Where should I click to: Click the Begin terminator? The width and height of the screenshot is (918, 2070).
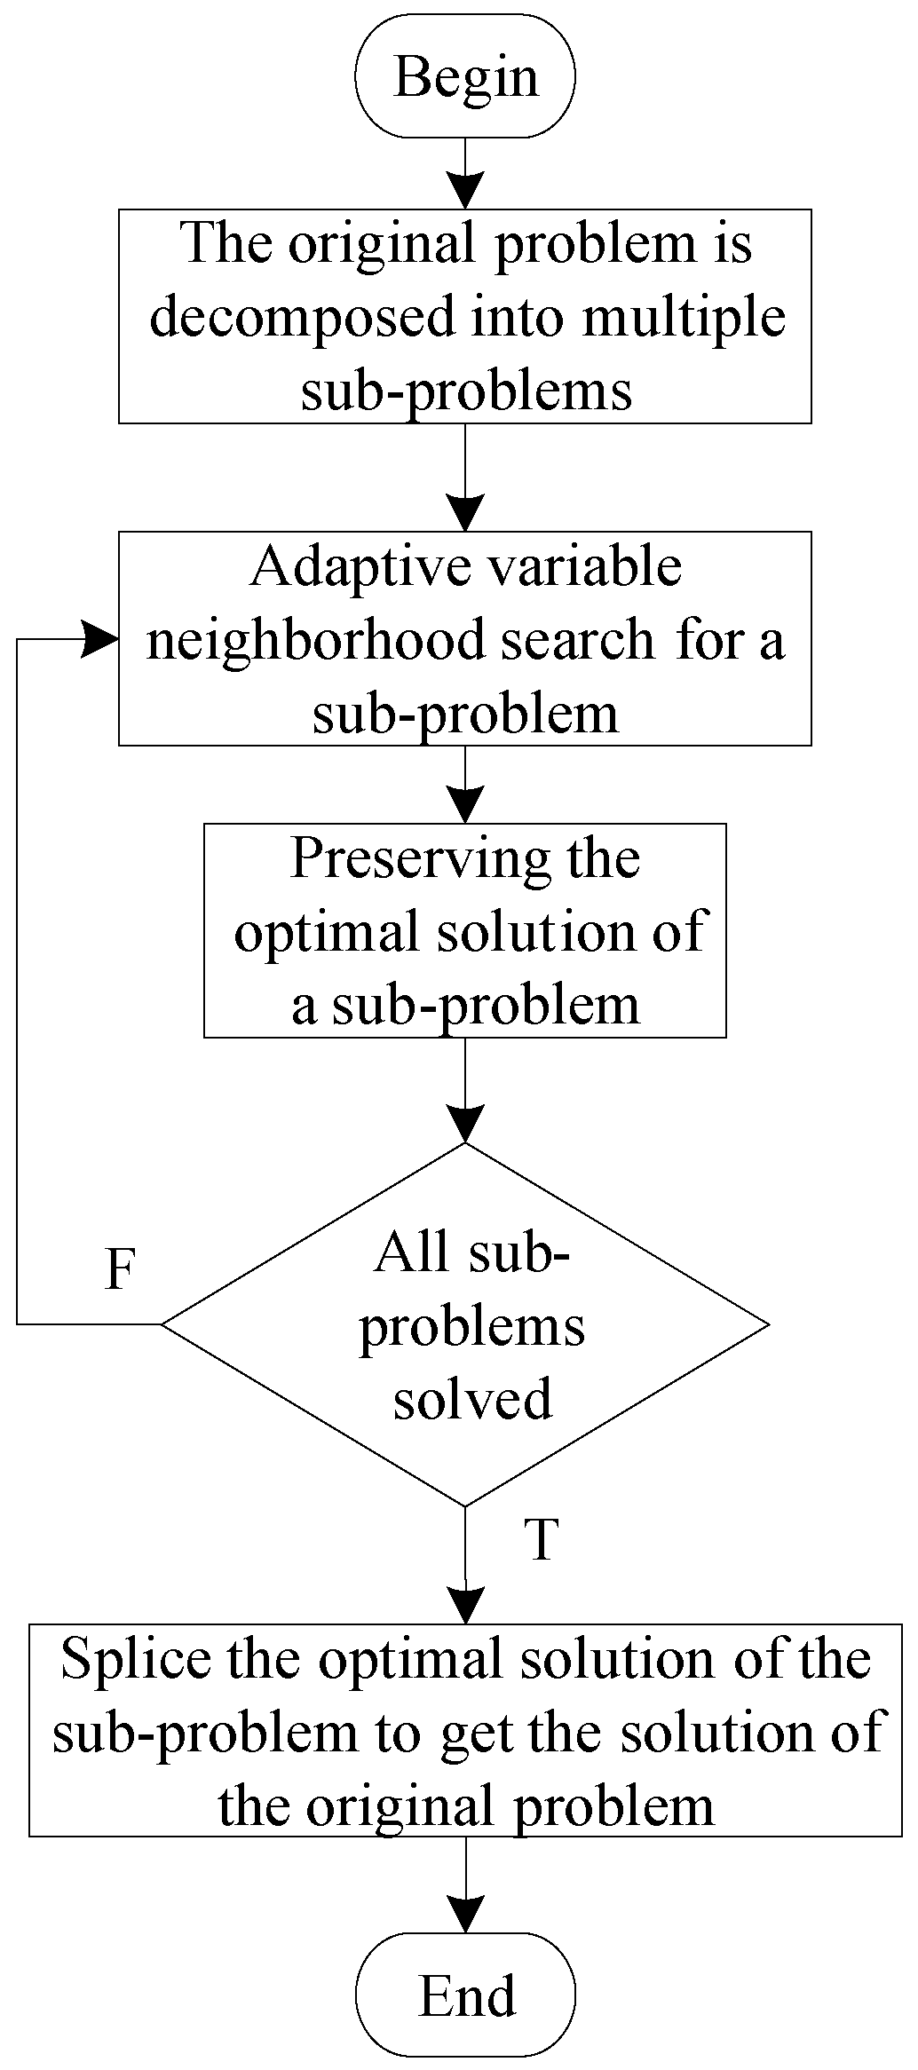click(465, 76)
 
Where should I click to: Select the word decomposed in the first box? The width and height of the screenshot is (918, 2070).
click(303, 318)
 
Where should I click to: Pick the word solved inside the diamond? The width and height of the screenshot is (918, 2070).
click(472, 1399)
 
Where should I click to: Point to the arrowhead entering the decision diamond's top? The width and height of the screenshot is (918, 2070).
click(465, 1124)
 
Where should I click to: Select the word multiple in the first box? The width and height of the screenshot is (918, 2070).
click(684, 318)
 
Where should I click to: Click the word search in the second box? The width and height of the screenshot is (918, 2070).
click(582, 639)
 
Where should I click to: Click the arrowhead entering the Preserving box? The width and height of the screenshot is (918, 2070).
click(465, 805)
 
